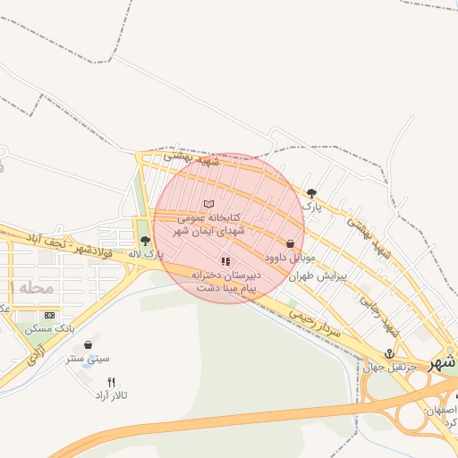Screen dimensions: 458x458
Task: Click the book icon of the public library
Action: [209, 205]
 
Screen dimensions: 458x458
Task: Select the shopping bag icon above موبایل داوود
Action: [290, 243]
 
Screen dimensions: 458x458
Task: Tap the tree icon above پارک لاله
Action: [145, 241]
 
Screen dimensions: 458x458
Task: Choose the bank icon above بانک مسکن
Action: [49, 315]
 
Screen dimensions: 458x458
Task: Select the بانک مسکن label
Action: [50, 329]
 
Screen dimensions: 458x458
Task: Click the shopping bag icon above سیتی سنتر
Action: [88, 344]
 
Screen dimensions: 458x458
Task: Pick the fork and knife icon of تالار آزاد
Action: [111, 382]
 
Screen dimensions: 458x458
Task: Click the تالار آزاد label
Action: [113, 395]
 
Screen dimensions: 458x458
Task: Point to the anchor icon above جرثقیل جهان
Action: [389, 353]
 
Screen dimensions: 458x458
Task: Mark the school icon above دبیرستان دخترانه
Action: [225, 261]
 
